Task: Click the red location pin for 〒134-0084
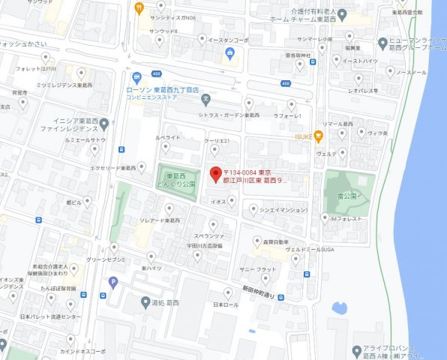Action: [214, 172]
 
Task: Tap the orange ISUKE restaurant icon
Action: [319, 136]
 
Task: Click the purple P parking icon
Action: [113, 283]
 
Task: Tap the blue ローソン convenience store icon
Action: [136, 78]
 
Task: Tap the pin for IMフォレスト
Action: [323, 219]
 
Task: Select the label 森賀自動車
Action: [276, 241]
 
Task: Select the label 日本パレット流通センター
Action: [50, 317]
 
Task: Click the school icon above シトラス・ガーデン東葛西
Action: [205, 98]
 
